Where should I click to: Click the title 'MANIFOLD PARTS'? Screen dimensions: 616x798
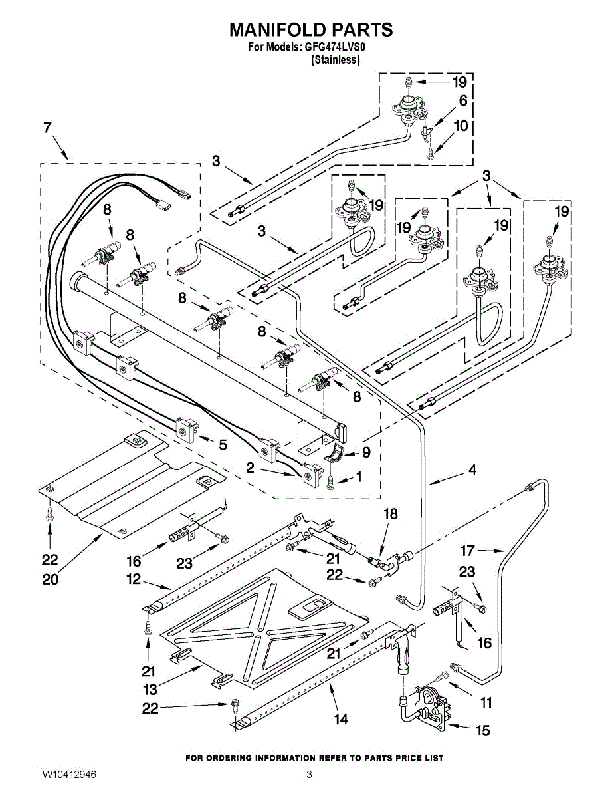(311, 29)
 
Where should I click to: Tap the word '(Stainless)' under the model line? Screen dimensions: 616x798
(336, 59)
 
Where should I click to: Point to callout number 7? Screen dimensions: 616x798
(47, 128)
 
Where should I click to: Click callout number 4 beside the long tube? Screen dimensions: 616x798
(472, 469)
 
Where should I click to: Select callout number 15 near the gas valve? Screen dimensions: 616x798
(483, 730)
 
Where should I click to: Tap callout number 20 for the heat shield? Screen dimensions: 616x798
(51, 579)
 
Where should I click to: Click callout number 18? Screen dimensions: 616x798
(391, 514)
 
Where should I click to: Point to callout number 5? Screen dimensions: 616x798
(223, 445)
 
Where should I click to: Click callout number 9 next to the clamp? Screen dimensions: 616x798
(366, 452)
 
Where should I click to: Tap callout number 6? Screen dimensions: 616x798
(463, 100)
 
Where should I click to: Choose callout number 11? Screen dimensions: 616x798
(486, 702)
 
